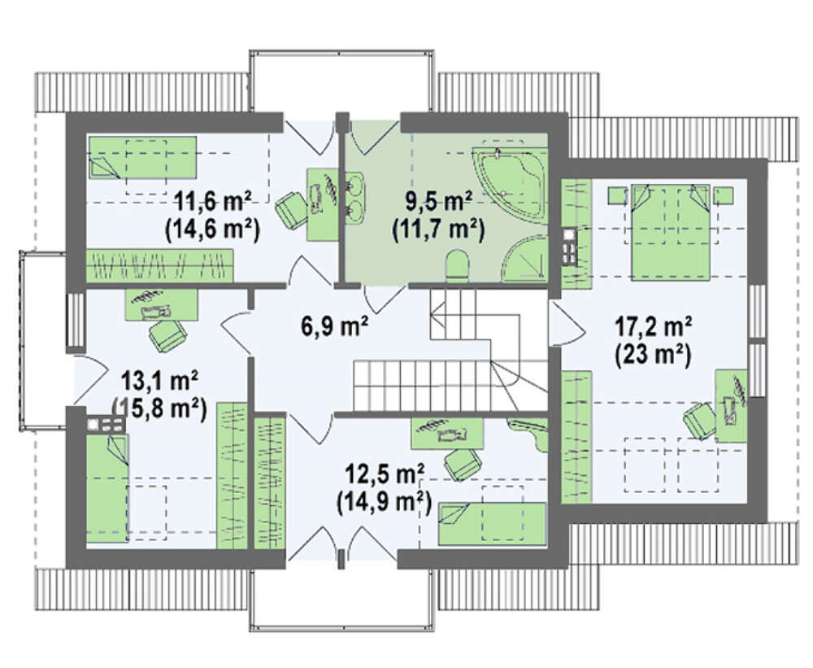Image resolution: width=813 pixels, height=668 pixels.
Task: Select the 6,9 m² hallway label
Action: click(x=334, y=325)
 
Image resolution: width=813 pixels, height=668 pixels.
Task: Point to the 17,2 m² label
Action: click(x=654, y=328)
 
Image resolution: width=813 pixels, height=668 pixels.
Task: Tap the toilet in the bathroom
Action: click(x=457, y=264)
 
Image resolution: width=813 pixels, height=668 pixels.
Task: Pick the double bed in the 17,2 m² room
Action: click(x=671, y=232)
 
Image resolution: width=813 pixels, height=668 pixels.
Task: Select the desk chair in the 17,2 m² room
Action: click(x=699, y=419)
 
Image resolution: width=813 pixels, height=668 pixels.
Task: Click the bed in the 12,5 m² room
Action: click(x=492, y=524)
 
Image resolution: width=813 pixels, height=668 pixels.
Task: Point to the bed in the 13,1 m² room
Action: click(x=107, y=488)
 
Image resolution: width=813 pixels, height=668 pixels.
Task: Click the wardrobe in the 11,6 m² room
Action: click(x=159, y=266)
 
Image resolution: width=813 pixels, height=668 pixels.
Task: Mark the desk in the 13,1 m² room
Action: click(x=162, y=305)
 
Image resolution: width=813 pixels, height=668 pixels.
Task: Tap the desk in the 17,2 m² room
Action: click(x=732, y=406)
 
